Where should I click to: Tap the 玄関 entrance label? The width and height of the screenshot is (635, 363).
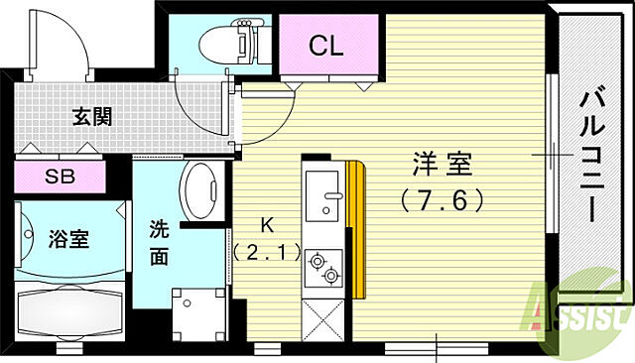pyautogui.click(x=91, y=116)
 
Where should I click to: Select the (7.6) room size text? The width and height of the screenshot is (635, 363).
pyautogui.click(x=444, y=199)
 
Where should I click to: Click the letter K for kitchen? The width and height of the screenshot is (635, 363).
pyautogui.click(x=265, y=223)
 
